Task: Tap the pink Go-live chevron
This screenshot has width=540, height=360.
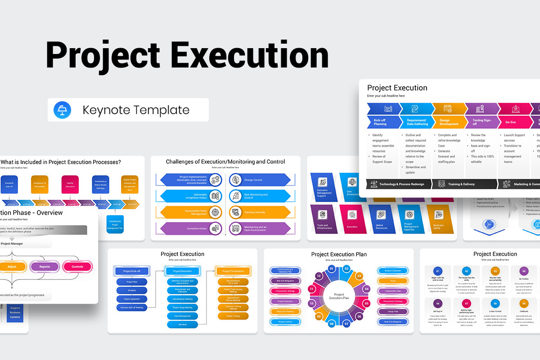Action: pyautogui.click(x=512, y=122)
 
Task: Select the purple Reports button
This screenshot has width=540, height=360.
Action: pyautogui.click(x=45, y=267)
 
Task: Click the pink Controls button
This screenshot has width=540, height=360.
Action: pyautogui.click(x=77, y=267)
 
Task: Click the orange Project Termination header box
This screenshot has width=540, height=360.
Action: pyautogui.click(x=233, y=271)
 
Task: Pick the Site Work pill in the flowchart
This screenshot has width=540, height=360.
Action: pyautogui.click(x=183, y=324)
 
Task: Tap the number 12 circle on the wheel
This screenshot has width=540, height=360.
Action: pyautogui.click(x=319, y=276)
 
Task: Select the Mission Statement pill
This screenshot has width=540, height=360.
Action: pyautogui.click(x=393, y=271)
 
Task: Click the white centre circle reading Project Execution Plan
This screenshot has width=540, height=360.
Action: pyautogui.click(x=338, y=296)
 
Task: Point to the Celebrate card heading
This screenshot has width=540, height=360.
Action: pyautogui.click(x=524, y=311)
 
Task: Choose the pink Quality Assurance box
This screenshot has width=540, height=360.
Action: pyautogui.click(x=70, y=184)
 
